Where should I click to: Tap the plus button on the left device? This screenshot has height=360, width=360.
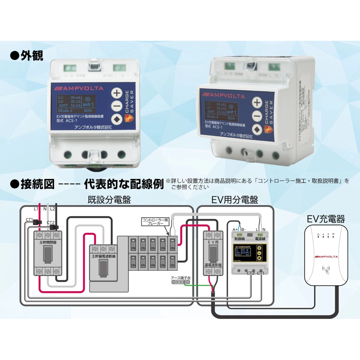pos(117,93)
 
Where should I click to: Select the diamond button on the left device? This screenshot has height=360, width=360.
pos(117,119)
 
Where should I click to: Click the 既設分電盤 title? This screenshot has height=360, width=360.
pos(109,200)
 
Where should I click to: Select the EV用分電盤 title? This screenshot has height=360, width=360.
pos(235,200)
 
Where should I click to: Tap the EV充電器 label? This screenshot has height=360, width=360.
pos(326,219)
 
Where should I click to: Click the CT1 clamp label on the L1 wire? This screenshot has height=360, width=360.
pos(29,220)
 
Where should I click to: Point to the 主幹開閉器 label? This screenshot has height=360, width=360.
pos(48,242)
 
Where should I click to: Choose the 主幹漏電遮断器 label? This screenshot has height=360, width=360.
pos(103,256)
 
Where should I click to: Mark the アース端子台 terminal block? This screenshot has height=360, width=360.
pos(180,282)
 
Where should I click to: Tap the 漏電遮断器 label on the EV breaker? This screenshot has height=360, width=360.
pos(213,265)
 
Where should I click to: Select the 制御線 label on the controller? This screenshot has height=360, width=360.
pos(240,239)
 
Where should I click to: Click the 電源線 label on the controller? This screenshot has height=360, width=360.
pos(260,239)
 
